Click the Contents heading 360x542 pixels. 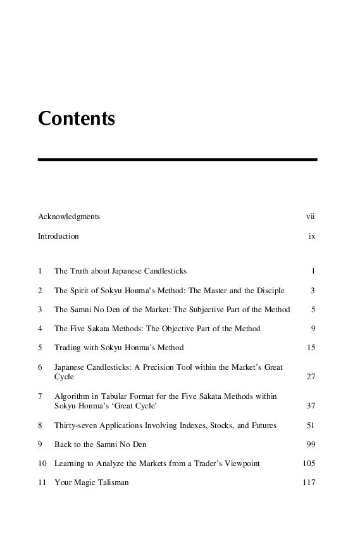(77, 118)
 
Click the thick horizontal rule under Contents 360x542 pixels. (177, 160)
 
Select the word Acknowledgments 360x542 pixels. (69, 217)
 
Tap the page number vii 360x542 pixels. (310, 217)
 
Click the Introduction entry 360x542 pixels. (58, 236)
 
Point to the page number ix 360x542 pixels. (312, 236)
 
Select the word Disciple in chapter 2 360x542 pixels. (270, 291)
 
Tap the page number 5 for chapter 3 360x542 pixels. (313, 310)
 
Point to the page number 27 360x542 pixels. (311, 377)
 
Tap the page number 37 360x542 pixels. (311, 406)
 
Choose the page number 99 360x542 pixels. (311, 444)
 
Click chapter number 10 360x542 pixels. (42, 463)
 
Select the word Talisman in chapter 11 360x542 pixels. (113, 482)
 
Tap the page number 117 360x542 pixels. (309, 482)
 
